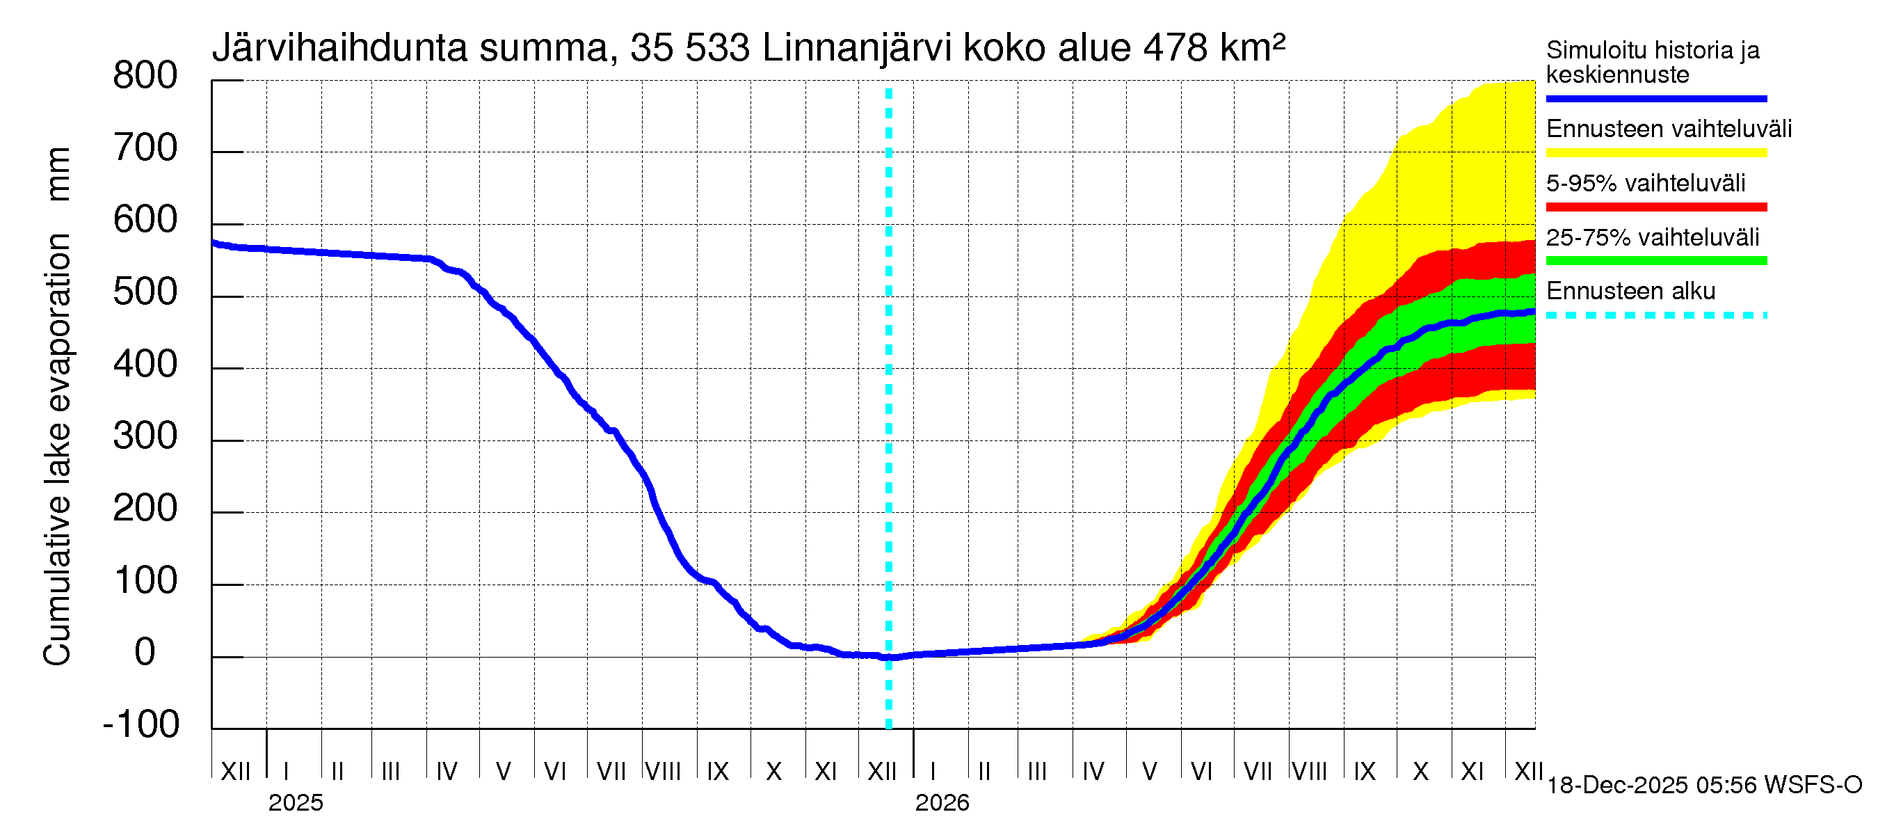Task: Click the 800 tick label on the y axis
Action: click(145, 76)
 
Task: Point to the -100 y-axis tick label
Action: click(141, 724)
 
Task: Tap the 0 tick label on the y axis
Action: click(145, 652)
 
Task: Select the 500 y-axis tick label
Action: click(145, 292)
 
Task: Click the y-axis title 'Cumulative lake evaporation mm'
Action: click(58, 406)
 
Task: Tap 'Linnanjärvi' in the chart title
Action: click(858, 49)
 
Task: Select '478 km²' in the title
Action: click(1214, 49)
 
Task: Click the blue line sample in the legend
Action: click(1655, 98)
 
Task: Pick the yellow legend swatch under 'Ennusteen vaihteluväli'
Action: click(1655, 153)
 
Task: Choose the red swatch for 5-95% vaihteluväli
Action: click(1655, 207)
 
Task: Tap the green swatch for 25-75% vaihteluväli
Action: click(1655, 261)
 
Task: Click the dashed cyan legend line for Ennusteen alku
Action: click(1655, 316)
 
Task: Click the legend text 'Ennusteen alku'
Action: click(1630, 292)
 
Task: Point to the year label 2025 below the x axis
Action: click(295, 803)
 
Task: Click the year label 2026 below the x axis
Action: click(942, 803)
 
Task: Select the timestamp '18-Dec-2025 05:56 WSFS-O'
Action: click(1703, 786)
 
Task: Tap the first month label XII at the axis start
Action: click(235, 772)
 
